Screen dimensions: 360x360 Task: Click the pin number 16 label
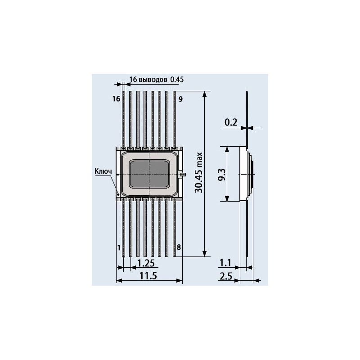[116, 99]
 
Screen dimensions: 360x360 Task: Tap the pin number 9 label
[181, 99]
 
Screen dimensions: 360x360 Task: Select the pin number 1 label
[119, 248]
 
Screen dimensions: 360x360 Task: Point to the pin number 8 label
[179, 247]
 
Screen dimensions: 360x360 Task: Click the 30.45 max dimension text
[199, 173]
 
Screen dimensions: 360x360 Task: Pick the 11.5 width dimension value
[148, 276]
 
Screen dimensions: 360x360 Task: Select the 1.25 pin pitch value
[146, 263]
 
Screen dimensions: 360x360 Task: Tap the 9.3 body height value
[222, 175]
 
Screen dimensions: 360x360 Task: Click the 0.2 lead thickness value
[231, 122]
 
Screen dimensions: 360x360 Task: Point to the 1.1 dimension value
[225, 263]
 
